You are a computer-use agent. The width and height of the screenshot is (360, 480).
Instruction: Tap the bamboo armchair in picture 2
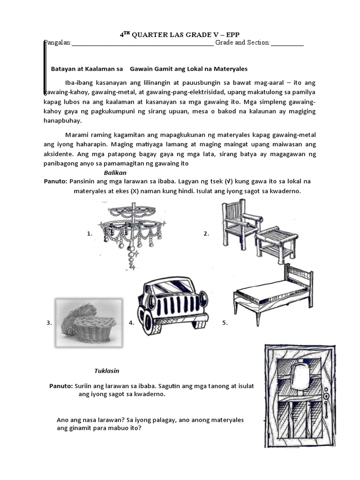point(239,225)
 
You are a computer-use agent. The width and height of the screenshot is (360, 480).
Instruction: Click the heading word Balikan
point(115,172)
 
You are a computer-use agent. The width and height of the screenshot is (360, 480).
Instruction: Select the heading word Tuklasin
point(107,371)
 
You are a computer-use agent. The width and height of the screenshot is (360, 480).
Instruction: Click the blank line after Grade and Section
point(287,43)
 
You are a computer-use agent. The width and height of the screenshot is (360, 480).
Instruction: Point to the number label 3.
point(49,323)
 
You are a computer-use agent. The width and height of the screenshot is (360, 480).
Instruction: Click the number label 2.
point(206,234)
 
